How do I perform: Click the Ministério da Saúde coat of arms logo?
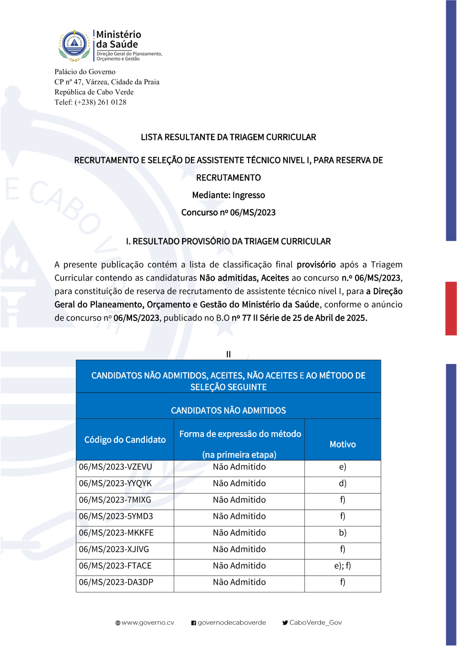point(74,46)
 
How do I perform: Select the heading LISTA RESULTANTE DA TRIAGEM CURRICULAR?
point(228,137)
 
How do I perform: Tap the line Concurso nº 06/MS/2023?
point(228,213)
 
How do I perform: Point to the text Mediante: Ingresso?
point(228,195)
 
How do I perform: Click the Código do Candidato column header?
point(125,440)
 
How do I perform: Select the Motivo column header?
point(343,444)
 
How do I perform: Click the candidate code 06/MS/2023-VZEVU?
point(116,467)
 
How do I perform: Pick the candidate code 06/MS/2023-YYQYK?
point(115,484)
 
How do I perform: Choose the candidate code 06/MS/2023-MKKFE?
point(116,533)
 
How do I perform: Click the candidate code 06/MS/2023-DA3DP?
point(116,582)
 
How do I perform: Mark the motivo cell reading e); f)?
point(343,566)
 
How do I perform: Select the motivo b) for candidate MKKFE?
point(343,533)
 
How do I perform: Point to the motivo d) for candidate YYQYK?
point(343,484)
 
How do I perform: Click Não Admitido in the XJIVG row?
point(239,550)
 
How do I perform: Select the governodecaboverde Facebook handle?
point(232,623)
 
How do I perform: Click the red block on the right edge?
point(451,309)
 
